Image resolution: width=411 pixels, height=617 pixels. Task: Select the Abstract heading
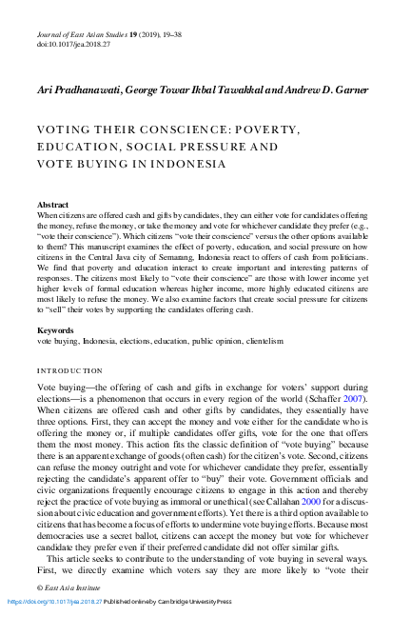pos(52,205)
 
